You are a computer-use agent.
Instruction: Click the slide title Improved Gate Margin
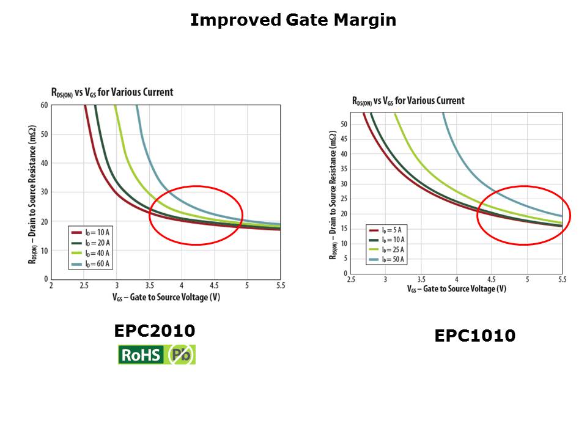(x=293, y=20)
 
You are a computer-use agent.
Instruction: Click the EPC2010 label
(x=155, y=331)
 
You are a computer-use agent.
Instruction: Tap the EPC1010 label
(x=474, y=335)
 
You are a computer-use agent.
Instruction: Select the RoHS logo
(x=141, y=355)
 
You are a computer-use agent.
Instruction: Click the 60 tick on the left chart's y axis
(x=45, y=105)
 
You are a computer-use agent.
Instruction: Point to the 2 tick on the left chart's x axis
(x=51, y=285)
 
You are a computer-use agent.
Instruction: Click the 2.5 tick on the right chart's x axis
(x=351, y=279)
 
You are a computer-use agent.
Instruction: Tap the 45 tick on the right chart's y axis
(x=344, y=139)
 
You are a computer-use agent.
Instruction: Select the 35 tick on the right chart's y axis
(x=344, y=169)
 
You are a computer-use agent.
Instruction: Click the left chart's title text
(x=112, y=92)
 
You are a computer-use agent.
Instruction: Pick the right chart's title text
(x=408, y=101)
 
